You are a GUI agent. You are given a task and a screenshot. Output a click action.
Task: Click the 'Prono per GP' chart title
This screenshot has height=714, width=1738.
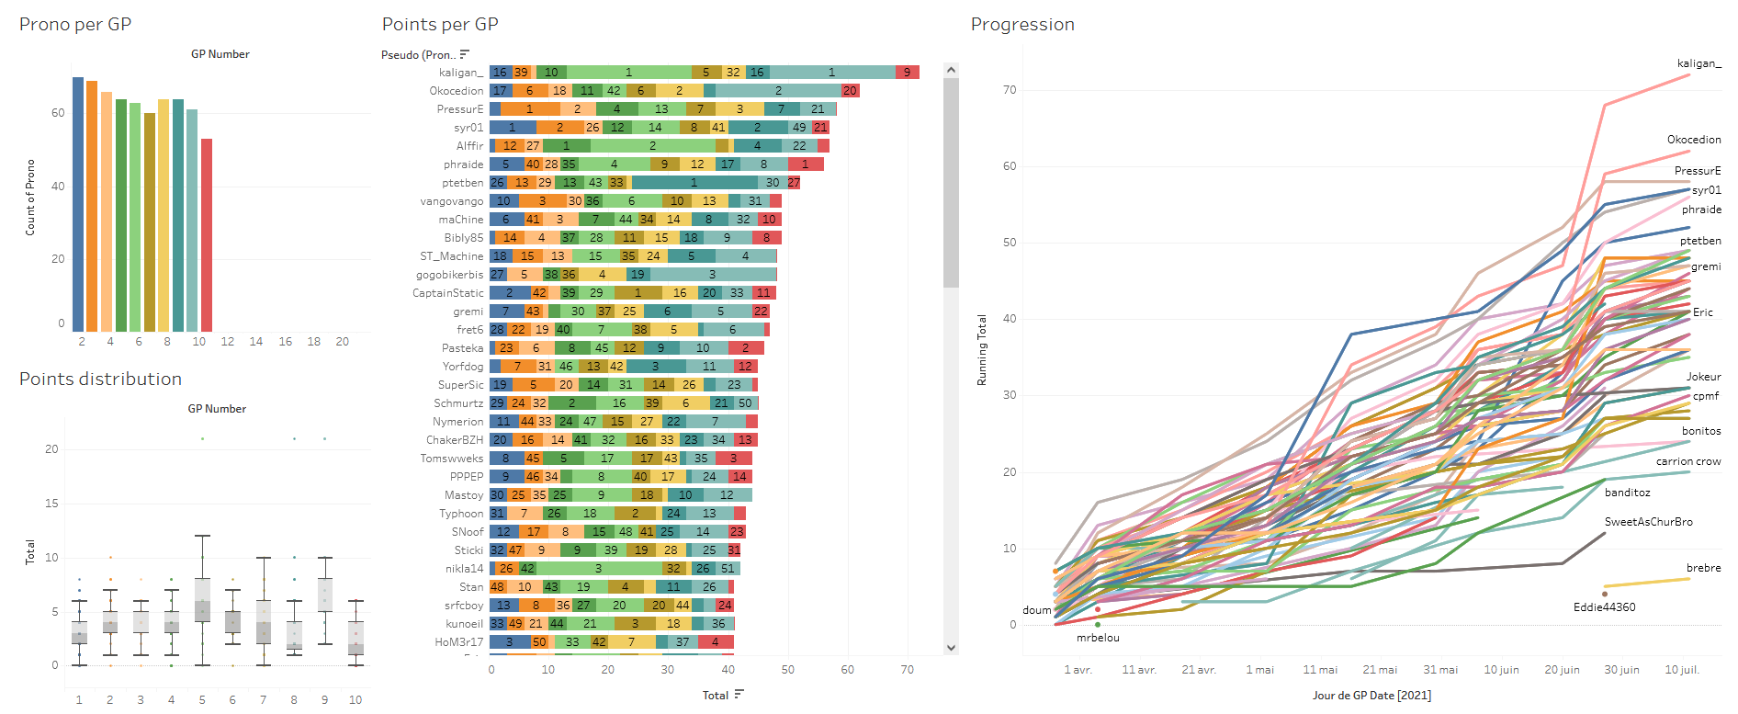75,25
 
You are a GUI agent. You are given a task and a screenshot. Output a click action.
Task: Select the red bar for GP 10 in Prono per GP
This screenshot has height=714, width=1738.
207,234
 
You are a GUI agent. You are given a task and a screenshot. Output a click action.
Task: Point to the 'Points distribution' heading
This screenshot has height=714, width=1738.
100,380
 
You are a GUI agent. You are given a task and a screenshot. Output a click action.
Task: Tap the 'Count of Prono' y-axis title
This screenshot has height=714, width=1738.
30,198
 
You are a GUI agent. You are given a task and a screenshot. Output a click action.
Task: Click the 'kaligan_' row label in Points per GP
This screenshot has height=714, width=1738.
460,73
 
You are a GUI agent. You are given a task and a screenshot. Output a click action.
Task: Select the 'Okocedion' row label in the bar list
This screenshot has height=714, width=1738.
456,91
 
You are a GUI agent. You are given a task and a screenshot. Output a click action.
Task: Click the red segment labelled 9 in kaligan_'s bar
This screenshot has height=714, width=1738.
908,73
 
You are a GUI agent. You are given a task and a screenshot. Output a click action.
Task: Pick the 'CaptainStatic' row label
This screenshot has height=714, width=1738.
447,293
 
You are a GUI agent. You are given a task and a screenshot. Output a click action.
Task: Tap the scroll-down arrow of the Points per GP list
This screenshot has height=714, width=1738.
951,648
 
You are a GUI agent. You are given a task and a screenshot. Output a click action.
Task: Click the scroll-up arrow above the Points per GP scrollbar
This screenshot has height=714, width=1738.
951,70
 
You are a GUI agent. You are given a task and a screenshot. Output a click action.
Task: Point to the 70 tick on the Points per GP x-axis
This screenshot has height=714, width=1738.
907,670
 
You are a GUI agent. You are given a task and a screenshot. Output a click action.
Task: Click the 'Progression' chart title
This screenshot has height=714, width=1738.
1022,25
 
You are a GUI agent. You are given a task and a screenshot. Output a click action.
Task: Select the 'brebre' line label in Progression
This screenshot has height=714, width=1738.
1703,568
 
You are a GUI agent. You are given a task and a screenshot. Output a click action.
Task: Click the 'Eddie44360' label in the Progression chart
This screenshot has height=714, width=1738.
1604,607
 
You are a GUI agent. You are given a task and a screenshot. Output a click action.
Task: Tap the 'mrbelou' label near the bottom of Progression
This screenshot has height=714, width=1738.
1098,638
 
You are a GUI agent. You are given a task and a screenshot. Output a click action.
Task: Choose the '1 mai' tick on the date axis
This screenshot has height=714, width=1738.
1259,670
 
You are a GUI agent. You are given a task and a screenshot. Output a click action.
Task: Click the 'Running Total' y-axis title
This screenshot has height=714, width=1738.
982,350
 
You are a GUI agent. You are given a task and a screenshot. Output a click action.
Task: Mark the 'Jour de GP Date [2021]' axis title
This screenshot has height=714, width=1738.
1371,696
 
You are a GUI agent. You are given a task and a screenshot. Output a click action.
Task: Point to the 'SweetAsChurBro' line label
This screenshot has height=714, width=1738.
1648,522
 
